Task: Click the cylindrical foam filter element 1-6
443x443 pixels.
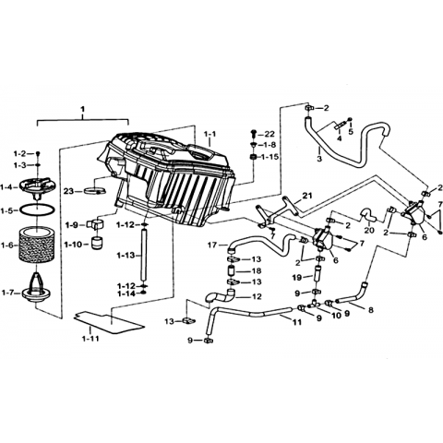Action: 37,245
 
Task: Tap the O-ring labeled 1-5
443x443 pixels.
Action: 37,210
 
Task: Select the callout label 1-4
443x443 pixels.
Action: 6,186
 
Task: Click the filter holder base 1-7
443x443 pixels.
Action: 36,289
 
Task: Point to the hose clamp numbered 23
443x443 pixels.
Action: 95,191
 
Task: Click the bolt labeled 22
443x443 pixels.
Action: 254,134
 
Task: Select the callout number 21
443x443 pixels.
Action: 306,195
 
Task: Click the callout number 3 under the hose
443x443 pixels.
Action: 319,159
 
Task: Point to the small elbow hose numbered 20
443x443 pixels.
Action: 368,215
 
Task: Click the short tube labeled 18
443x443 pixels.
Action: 233,271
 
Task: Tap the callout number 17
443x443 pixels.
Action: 212,245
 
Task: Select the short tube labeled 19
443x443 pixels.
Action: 317,274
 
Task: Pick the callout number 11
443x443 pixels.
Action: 297,322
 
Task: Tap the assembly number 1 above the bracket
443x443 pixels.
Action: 82,109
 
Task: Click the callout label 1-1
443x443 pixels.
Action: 210,134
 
